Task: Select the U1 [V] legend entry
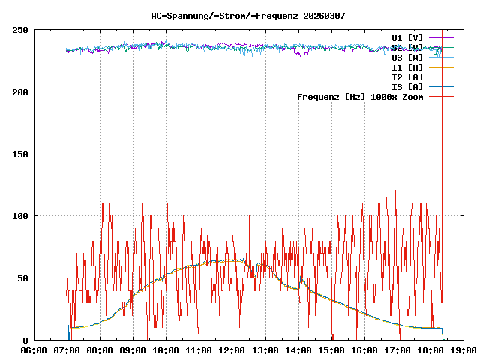[x=407, y=37]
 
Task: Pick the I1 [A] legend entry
[x=407, y=67]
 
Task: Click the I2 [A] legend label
[x=407, y=76]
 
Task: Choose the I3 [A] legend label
[x=407, y=86]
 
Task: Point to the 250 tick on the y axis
[x=21, y=30]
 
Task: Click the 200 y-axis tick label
[x=21, y=92]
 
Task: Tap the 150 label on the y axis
[x=21, y=154]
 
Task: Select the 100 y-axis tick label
[x=21, y=216]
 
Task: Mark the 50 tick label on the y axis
[x=23, y=278]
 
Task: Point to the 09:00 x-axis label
[x=133, y=350]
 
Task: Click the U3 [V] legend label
[x=407, y=57]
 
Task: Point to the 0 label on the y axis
[x=26, y=340]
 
